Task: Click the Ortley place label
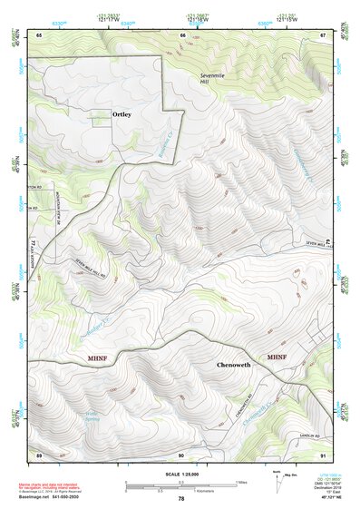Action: pos(122,115)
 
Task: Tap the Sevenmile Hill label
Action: pos(210,77)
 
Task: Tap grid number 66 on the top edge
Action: pos(182,34)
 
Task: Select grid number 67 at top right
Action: pos(323,34)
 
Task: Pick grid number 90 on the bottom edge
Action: pos(181,454)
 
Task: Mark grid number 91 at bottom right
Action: pos(323,454)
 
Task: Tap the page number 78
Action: pos(180,498)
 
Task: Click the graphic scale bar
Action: pos(180,485)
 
